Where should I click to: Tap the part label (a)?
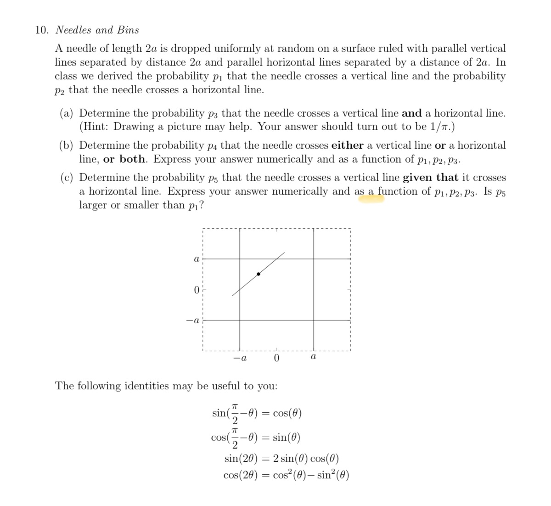[68, 113]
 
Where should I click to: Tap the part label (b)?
[68, 146]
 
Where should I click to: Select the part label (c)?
[68, 178]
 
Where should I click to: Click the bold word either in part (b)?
[347, 146]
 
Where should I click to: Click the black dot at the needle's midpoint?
[259, 274]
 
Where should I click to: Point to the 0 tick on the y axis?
[196, 290]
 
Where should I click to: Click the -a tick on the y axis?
[194, 320]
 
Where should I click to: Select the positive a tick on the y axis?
[196, 259]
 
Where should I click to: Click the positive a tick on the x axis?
[313, 357]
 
